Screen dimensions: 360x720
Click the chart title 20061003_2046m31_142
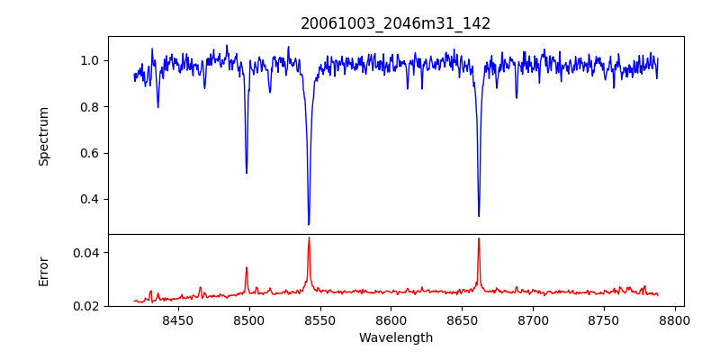[395, 23]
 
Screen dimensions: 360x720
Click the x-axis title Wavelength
[395, 338]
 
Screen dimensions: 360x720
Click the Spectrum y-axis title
[44, 136]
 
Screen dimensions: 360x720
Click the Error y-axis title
[44, 271]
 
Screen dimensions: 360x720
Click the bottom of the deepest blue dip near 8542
[309, 224]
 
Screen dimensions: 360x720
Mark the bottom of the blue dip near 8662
[479, 216]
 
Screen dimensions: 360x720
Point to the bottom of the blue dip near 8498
[247, 173]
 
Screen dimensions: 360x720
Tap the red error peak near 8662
[479, 238]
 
